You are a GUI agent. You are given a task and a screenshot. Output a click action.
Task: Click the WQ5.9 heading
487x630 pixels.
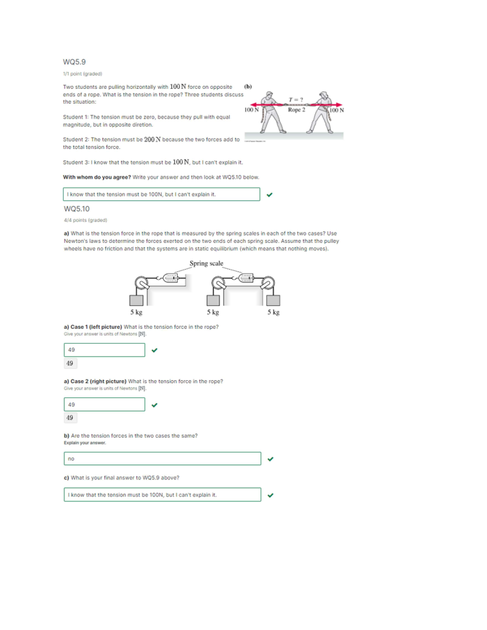[74, 62]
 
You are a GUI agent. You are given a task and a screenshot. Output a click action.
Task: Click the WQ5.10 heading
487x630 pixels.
[77, 209]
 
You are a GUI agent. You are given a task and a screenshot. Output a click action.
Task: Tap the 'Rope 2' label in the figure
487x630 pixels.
[296, 110]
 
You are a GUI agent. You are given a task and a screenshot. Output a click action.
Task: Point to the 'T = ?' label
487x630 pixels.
[296, 100]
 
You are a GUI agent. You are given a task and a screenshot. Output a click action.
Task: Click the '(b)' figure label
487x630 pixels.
[248, 86]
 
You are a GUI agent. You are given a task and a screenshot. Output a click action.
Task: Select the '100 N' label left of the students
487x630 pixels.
[251, 110]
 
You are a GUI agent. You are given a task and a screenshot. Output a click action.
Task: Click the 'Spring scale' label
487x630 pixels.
[206, 263]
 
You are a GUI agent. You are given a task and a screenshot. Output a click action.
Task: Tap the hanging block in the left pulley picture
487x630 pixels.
[136, 300]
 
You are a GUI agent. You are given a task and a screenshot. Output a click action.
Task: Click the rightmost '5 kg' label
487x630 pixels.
[273, 312]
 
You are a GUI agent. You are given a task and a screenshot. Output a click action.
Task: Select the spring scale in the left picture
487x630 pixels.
[170, 278]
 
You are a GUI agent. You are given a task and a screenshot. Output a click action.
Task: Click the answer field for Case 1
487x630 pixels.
[104, 350]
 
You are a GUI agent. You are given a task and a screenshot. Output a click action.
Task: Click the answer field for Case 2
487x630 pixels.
[104, 404]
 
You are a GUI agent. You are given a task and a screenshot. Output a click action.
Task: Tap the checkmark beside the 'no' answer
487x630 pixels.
[271, 459]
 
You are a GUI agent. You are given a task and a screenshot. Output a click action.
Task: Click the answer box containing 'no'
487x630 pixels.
[162, 458]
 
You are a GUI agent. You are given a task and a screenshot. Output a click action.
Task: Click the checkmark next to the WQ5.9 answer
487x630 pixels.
[269, 195]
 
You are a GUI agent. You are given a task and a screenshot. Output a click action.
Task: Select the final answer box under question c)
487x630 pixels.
[162, 495]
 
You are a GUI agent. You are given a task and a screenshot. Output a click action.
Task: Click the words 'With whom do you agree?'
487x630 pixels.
[97, 177]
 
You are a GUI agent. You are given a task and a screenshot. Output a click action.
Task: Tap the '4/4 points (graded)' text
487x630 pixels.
[85, 220]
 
